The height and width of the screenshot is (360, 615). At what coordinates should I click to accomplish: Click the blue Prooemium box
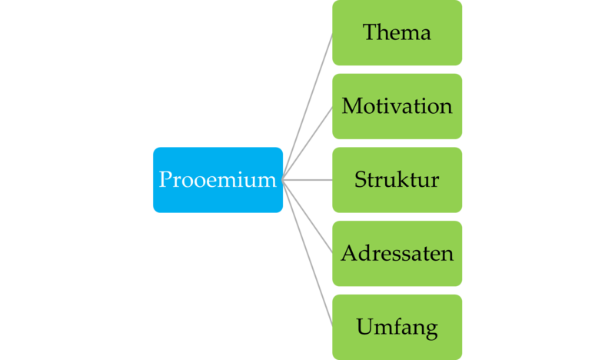point(218,180)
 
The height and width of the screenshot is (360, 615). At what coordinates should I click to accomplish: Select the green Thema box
point(397,33)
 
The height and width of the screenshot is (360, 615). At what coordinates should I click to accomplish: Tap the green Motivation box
point(397,106)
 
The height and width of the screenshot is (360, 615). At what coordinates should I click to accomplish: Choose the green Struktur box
point(397,180)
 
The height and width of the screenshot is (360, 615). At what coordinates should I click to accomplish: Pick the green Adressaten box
point(397,253)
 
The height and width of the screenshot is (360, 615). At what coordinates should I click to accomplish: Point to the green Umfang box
point(397,326)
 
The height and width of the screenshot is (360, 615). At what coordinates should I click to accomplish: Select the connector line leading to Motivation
point(308,143)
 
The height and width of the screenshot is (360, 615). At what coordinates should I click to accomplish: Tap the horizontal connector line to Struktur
point(307,180)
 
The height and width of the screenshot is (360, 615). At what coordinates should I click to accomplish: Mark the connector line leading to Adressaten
point(308,217)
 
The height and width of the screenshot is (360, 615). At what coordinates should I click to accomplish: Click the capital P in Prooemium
point(165,180)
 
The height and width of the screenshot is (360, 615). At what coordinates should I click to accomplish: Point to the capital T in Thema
point(370,33)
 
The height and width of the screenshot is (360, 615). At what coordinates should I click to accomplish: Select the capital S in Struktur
point(360,180)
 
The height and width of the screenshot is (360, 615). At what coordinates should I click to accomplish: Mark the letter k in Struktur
point(406,180)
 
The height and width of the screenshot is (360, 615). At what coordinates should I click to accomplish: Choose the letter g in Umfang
point(430,329)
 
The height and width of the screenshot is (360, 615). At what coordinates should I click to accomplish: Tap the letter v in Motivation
point(398,107)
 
